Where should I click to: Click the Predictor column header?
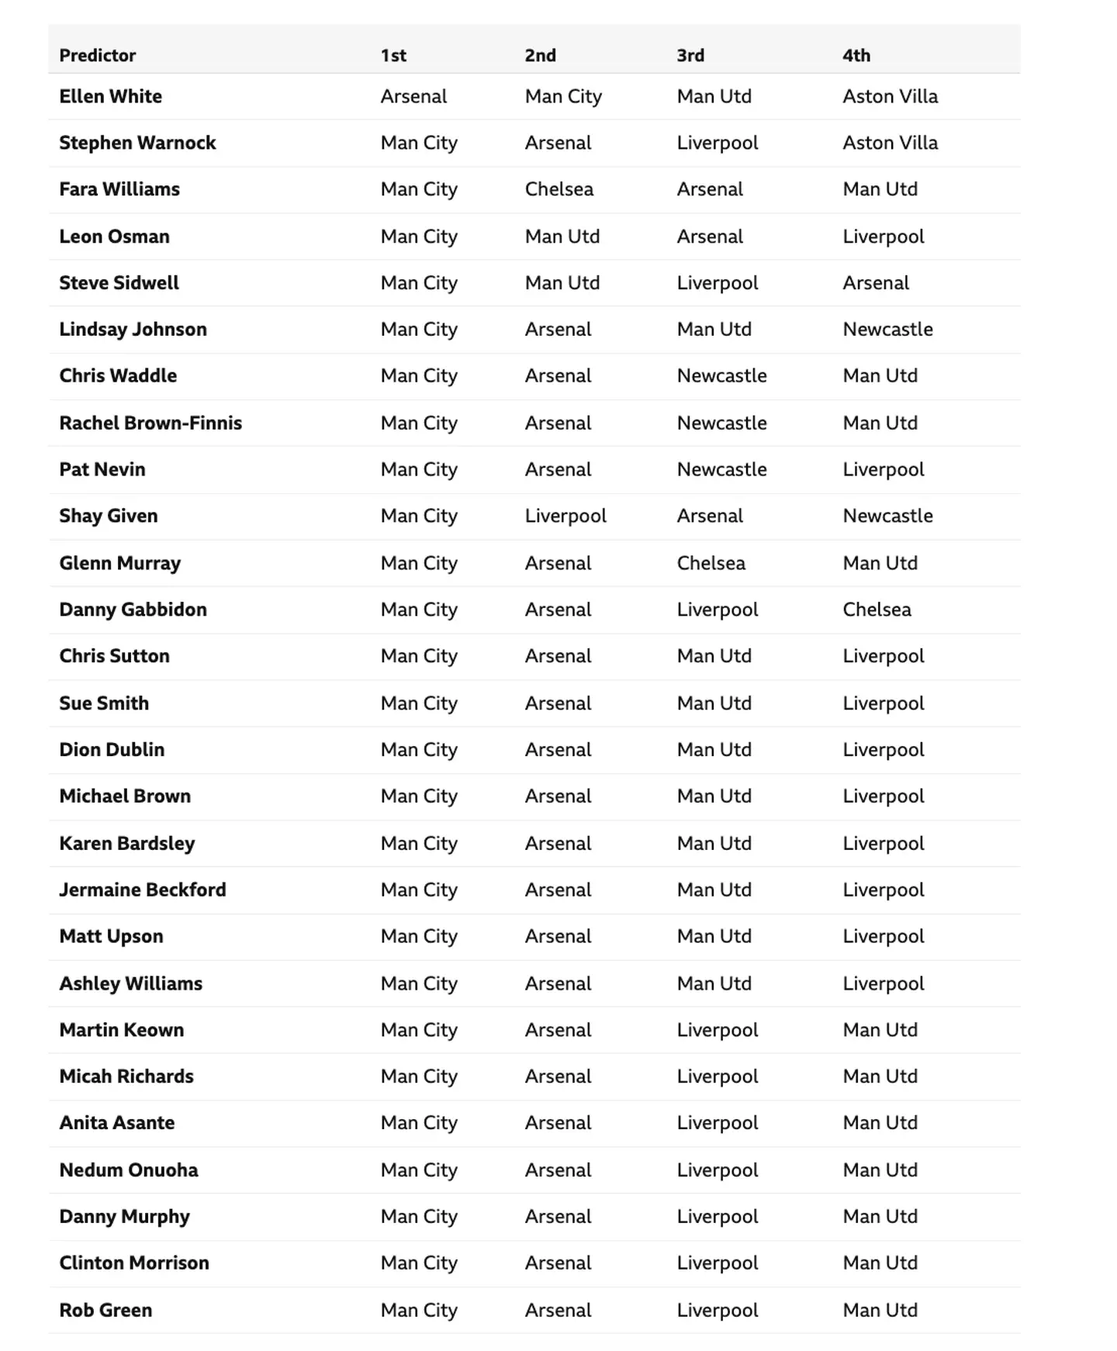coord(98,55)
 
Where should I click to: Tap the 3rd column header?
coord(690,55)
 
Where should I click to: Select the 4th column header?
coord(856,55)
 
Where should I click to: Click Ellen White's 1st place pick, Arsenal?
coord(413,96)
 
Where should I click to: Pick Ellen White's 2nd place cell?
coord(563,96)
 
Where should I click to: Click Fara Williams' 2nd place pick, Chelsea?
coord(558,189)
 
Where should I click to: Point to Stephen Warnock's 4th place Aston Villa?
coord(890,143)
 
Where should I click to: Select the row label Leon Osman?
coord(114,237)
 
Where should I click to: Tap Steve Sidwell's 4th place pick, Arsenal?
coord(876,283)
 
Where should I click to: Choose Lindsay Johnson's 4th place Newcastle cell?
coord(887,330)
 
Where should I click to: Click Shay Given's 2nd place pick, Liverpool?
coord(565,516)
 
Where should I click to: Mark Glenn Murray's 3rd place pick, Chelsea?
coord(711,563)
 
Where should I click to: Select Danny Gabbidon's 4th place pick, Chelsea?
coord(877,610)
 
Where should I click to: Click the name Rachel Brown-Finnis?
coord(150,423)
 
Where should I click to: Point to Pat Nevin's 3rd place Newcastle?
coord(721,469)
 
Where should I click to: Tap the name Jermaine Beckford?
coord(143,890)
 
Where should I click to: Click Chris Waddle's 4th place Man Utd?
coord(880,376)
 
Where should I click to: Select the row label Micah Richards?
coord(126,1076)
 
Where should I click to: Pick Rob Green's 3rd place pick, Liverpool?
coord(718,1310)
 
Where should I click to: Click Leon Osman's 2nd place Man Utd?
coord(562,237)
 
